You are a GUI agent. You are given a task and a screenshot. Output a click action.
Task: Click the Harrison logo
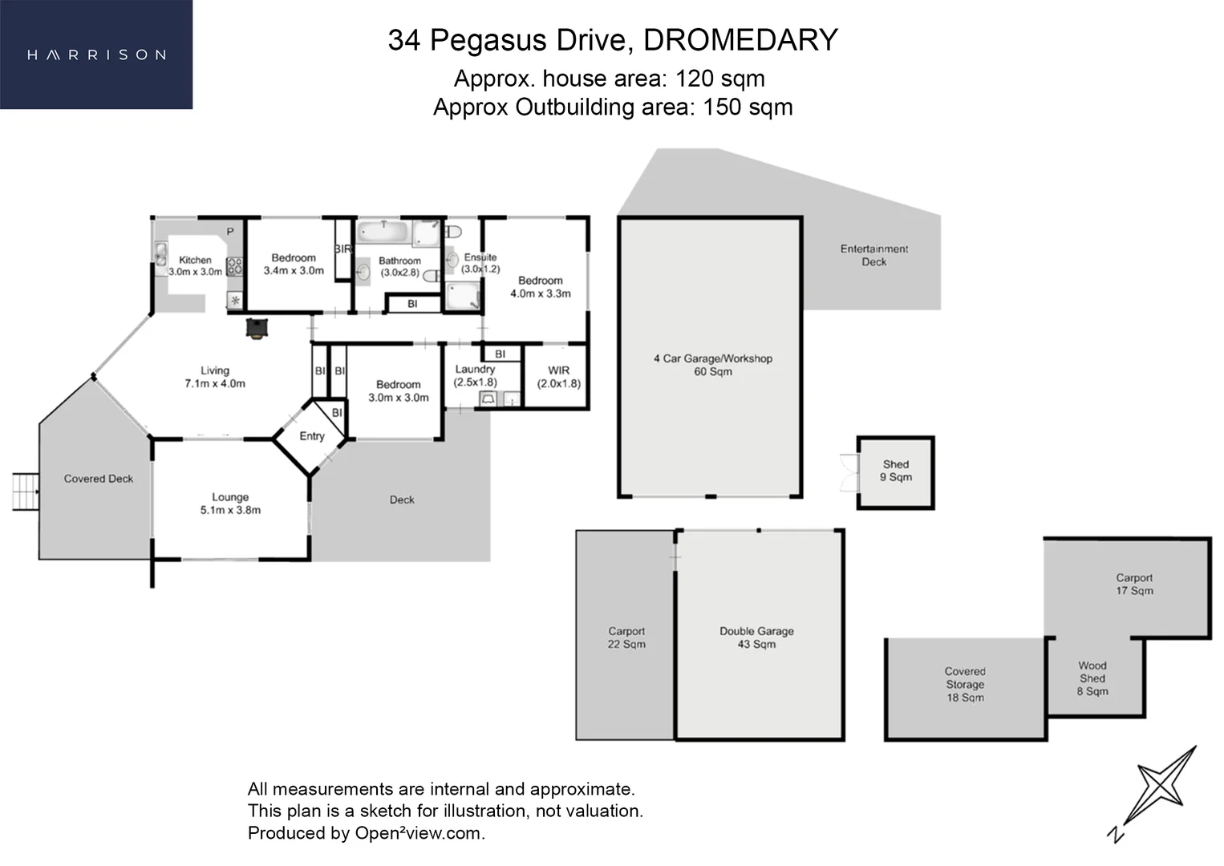point(97,55)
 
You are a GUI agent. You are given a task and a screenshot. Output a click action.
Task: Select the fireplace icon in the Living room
point(257,329)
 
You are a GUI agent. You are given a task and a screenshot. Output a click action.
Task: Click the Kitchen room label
point(195,260)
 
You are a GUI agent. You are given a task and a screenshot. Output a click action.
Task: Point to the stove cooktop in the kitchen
point(235,267)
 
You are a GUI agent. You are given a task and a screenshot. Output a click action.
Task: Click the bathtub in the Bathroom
point(383,233)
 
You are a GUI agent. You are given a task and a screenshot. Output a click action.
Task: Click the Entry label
point(312,436)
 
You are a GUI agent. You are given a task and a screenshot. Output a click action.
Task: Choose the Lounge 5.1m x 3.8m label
point(230,504)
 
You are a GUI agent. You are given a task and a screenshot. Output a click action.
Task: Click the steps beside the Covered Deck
point(26,492)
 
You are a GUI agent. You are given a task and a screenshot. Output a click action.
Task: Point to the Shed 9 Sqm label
point(896,471)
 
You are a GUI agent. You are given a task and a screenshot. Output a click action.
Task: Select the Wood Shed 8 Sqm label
point(1092,678)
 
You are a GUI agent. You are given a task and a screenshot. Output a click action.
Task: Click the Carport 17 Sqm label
point(1134,584)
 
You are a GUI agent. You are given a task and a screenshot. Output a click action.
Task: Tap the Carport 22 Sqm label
point(626,637)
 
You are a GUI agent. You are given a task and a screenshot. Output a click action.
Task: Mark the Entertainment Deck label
point(873,255)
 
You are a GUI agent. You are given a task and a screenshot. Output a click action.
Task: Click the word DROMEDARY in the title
point(740,40)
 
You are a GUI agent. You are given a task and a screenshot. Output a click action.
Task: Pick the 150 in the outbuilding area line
point(721,107)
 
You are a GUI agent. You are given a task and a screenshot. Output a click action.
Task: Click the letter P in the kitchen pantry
point(230,232)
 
